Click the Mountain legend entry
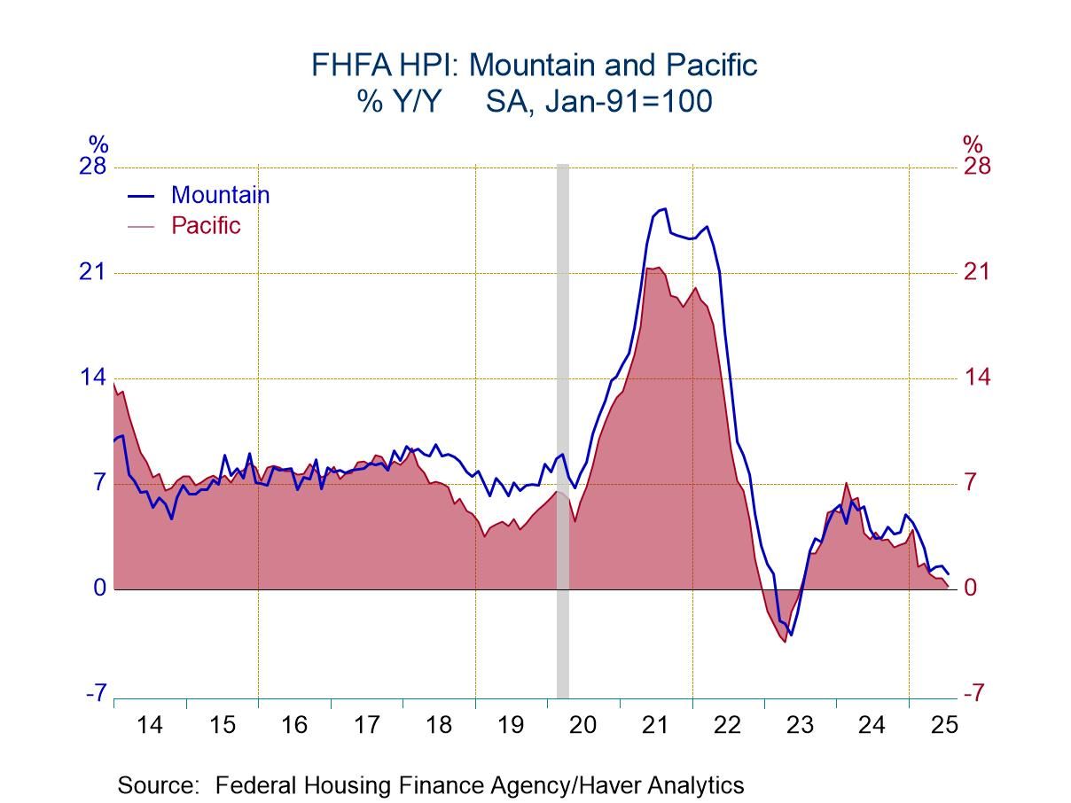(x=219, y=195)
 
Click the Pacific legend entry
(x=205, y=225)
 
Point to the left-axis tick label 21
(x=92, y=272)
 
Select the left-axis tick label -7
(x=96, y=693)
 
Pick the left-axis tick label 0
(x=99, y=589)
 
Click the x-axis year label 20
(x=582, y=725)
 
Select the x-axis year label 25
(x=944, y=725)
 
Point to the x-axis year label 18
(x=438, y=725)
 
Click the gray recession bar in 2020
(x=562, y=425)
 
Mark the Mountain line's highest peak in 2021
(x=664, y=209)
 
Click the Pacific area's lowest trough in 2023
(x=785, y=641)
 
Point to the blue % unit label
(x=98, y=143)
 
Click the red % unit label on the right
(x=973, y=143)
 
